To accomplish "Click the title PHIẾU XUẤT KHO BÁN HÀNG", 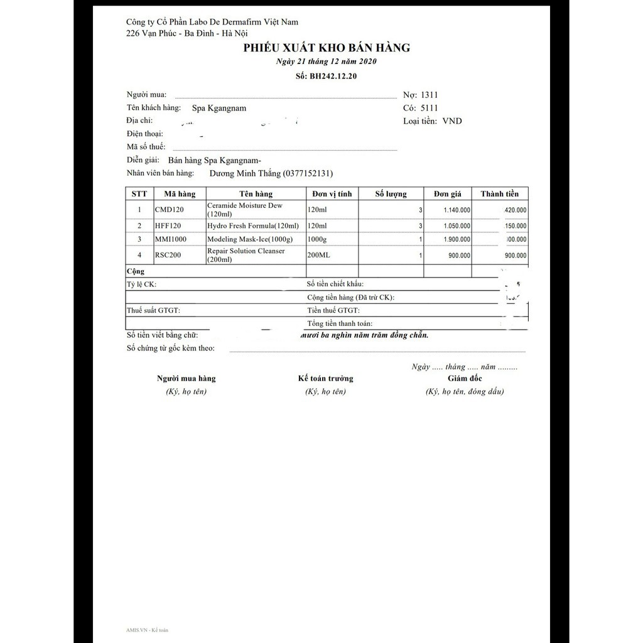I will click(x=327, y=48).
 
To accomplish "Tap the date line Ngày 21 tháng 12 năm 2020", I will click(x=327, y=62).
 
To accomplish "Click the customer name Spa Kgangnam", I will click(x=219, y=108).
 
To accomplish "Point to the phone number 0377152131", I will click(x=308, y=173).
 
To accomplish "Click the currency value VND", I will click(x=451, y=121).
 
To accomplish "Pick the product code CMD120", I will click(x=169, y=209).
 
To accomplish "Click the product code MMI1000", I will click(x=170, y=239).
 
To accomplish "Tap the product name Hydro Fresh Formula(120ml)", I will click(x=253, y=225).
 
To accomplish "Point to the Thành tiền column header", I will click(x=499, y=194).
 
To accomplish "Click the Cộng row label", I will click(x=136, y=271).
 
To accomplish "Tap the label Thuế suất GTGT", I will click(x=153, y=310).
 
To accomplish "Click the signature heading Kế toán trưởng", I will click(x=325, y=379).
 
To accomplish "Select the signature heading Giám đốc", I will click(x=465, y=379).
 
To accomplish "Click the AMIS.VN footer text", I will click(x=147, y=629).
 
